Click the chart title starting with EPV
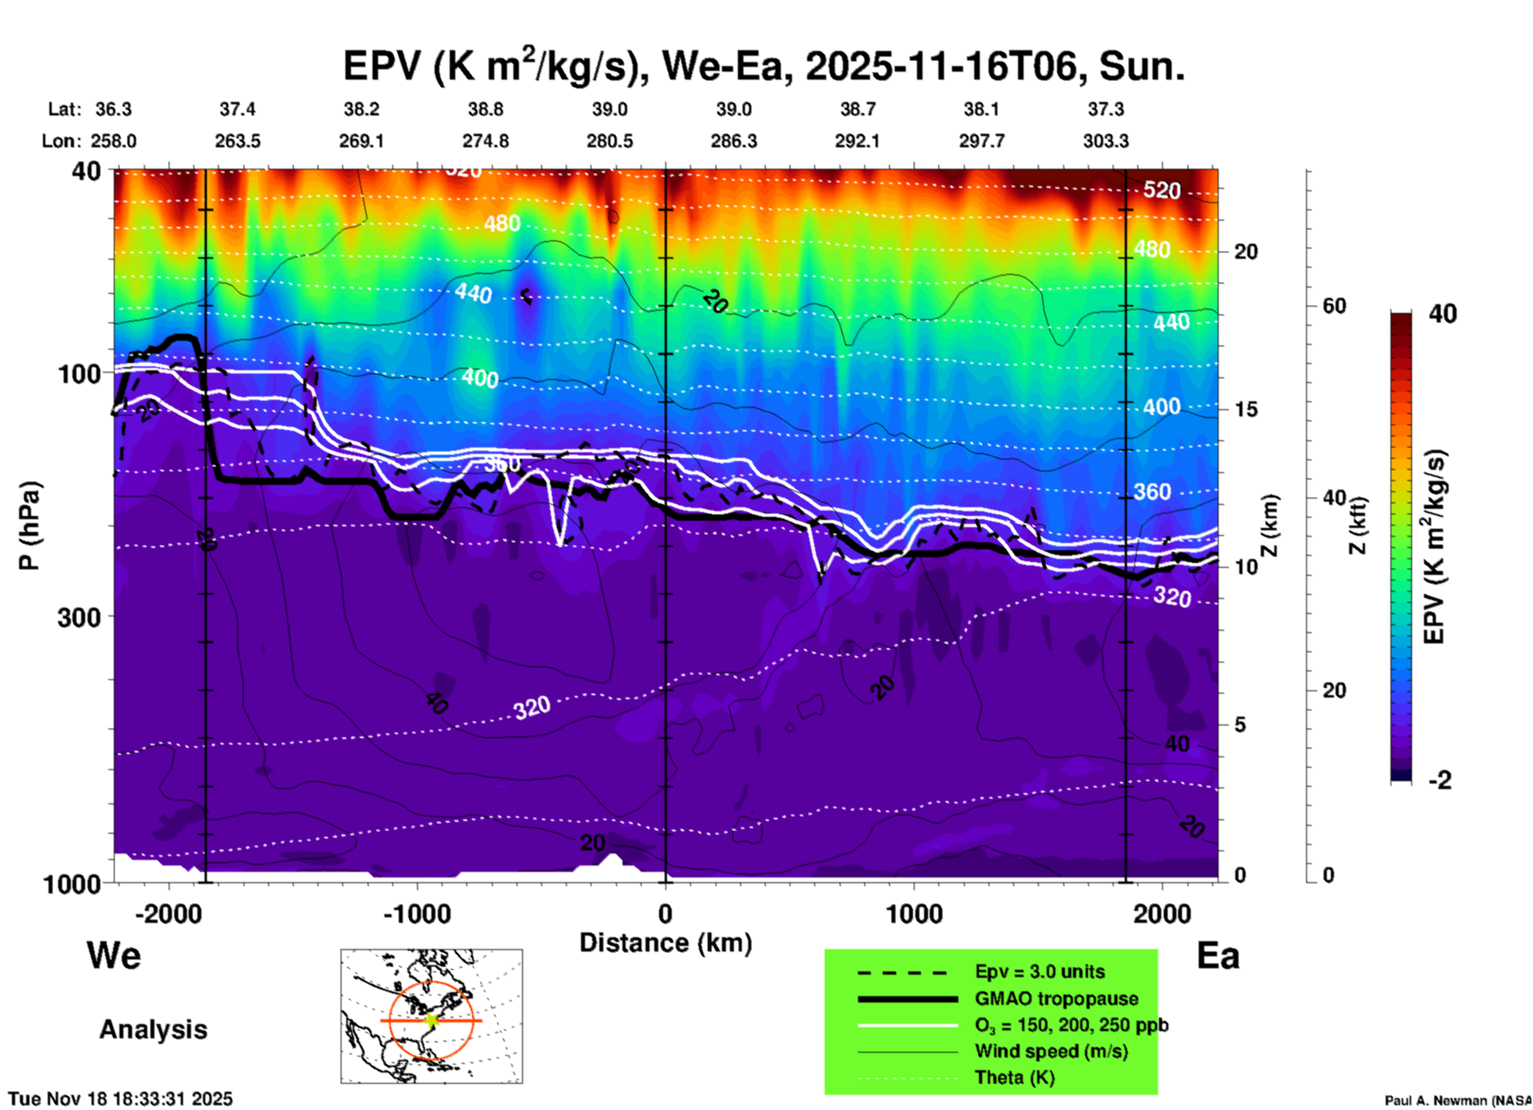tap(763, 66)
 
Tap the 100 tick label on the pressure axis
tap(80, 373)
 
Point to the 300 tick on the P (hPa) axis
tap(80, 617)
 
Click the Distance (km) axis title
tap(665, 943)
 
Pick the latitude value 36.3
tap(114, 109)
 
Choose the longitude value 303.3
tap(1106, 141)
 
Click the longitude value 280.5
tap(610, 141)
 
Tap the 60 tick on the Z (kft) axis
tap(1334, 306)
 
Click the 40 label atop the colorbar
tap(1442, 314)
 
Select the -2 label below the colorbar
tap(1440, 780)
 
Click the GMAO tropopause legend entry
tap(1056, 999)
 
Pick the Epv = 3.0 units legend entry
tap(1040, 972)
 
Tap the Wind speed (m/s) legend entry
tap(1051, 1051)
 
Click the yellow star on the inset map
tap(431, 1020)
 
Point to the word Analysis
tap(153, 1030)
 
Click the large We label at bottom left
tap(114, 956)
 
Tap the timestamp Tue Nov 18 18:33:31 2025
tap(121, 1099)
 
